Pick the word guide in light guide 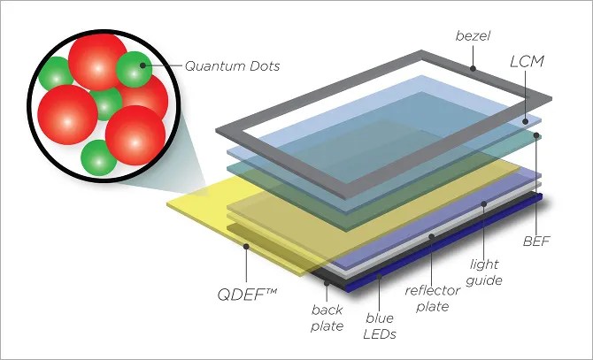488,280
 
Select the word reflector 434,291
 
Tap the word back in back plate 327,310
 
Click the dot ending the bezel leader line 474,68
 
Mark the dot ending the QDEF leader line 243,249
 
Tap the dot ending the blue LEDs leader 379,278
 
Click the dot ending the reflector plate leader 432,236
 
